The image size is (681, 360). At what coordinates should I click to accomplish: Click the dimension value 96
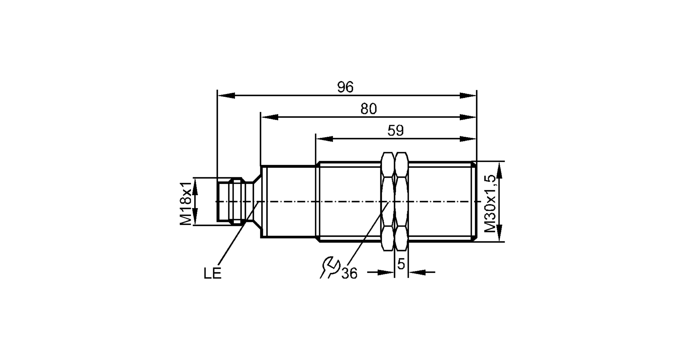[x=345, y=87]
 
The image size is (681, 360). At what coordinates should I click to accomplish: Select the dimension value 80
[x=369, y=109]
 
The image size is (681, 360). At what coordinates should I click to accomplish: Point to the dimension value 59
[x=395, y=131]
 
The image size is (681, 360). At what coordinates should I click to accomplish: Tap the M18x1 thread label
[x=186, y=203]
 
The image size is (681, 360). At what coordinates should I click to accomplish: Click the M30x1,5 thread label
[x=490, y=203]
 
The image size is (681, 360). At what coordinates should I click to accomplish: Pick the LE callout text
[x=212, y=274]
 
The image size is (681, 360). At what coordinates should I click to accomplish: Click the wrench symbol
[x=329, y=268]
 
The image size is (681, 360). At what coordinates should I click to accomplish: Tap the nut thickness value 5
[x=401, y=264]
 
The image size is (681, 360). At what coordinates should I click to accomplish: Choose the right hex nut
[x=401, y=201]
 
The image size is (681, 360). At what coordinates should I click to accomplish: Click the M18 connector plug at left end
[x=230, y=201]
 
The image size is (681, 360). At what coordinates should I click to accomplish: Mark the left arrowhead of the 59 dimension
[x=324, y=139]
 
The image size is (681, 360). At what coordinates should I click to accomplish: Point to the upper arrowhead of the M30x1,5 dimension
[x=499, y=170]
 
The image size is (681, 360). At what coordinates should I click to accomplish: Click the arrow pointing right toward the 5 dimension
[x=386, y=272]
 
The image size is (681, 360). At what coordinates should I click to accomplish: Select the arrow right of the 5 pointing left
[x=416, y=272]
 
